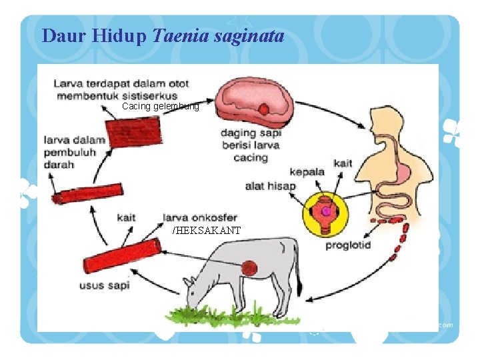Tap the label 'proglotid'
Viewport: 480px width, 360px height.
(x=348, y=245)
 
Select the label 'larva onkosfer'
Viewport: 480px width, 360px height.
(x=200, y=217)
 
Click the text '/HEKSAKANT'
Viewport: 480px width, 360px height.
(x=207, y=231)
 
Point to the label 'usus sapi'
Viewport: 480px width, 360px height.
(x=104, y=286)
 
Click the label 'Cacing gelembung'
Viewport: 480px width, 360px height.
(x=160, y=107)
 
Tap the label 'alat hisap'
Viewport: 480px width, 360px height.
(x=270, y=186)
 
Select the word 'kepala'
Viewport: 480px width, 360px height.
(x=307, y=171)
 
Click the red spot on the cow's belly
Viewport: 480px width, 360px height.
(x=249, y=268)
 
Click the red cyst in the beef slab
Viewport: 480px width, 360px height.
(x=265, y=109)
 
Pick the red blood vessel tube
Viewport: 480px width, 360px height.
(x=87, y=193)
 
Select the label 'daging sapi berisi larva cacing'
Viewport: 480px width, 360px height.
(x=251, y=145)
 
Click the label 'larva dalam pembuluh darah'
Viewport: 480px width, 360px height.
(x=74, y=153)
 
